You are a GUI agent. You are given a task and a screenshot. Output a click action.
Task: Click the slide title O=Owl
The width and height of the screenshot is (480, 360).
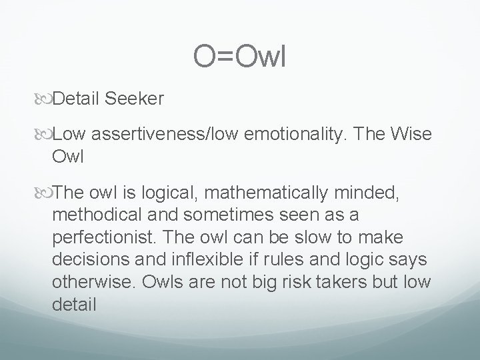(x=239, y=57)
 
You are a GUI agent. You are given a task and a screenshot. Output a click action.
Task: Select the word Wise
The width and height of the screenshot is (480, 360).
(x=412, y=135)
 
